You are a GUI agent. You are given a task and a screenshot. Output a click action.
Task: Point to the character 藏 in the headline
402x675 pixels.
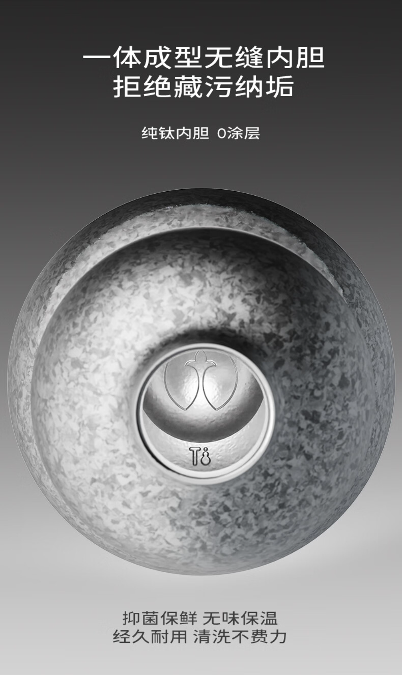pos(188,86)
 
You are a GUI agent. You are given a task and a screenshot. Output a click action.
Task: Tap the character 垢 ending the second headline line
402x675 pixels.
pos(279,86)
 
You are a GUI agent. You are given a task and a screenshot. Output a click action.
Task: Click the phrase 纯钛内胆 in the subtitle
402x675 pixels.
pos(175,133)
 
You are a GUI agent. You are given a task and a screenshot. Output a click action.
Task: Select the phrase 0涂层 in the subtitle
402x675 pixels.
pos(238,133)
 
